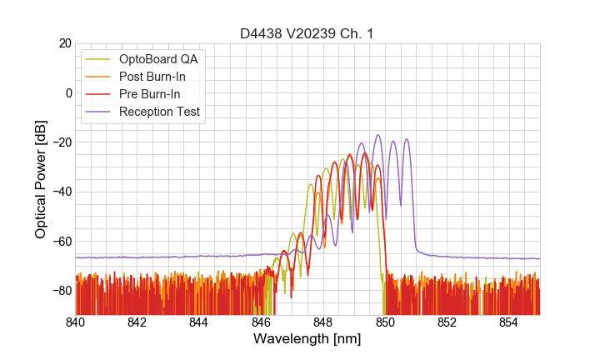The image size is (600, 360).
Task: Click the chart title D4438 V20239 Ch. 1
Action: coord(307,33)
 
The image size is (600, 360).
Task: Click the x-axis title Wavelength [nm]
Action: coord(307,340)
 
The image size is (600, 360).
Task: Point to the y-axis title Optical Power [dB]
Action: coord(40,179)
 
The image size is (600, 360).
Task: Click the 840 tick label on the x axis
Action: coord(76,322)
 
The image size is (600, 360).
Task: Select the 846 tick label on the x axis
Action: coord(262,322)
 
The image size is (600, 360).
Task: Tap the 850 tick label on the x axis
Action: coord(385,322)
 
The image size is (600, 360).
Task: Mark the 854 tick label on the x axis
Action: coord(509,322)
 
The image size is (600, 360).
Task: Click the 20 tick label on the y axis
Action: coord(63,43)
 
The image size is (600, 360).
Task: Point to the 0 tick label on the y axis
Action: coord(67,92)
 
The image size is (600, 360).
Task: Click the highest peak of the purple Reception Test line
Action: coord(377,135)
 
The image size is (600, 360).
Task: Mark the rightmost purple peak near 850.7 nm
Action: coord(407,139)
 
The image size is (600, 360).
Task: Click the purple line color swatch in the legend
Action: coord(99,112)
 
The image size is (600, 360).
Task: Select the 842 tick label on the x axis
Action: coord(137,322)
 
